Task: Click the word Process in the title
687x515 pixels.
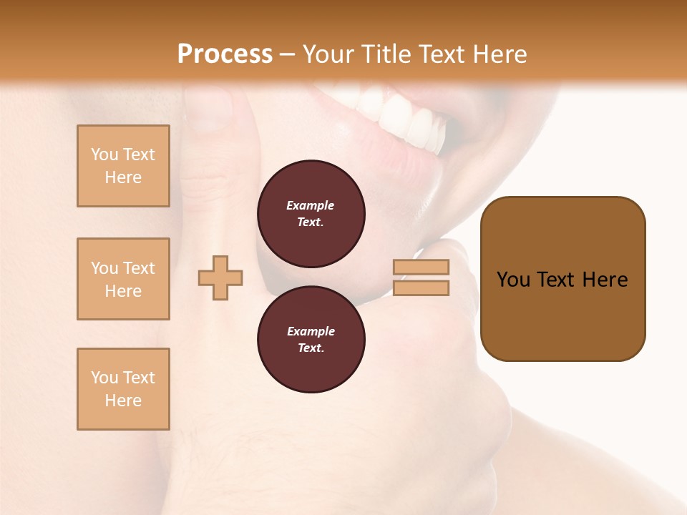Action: click(x=225, y=54)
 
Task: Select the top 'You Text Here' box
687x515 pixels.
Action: click(x=123, y=166)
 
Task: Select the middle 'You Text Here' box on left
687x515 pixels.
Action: click(x=123, y=279)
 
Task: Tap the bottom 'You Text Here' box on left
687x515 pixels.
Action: click(x=123, y=388)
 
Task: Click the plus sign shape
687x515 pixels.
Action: click(x=220, y=278)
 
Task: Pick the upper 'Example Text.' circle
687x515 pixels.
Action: click(x=311, y=213)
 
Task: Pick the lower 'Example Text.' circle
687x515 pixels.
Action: click(x=311, y=339)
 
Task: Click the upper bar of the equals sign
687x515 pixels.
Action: click(x=422, y=267)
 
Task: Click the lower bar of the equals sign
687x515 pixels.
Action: click(x=422, y=288)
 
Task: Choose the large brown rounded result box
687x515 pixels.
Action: click(x=562, y=278)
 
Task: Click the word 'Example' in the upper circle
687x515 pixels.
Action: click(x=311, y=205)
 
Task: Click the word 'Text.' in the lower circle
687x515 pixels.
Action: click(x=311, y=348)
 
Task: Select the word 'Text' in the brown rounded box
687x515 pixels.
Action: click(x=557, y=280)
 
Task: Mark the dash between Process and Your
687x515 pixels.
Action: click(x=287, y=54)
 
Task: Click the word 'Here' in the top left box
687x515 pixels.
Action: click(x=123, y=177)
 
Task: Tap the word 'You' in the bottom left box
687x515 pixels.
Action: click(x=104, y=378)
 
